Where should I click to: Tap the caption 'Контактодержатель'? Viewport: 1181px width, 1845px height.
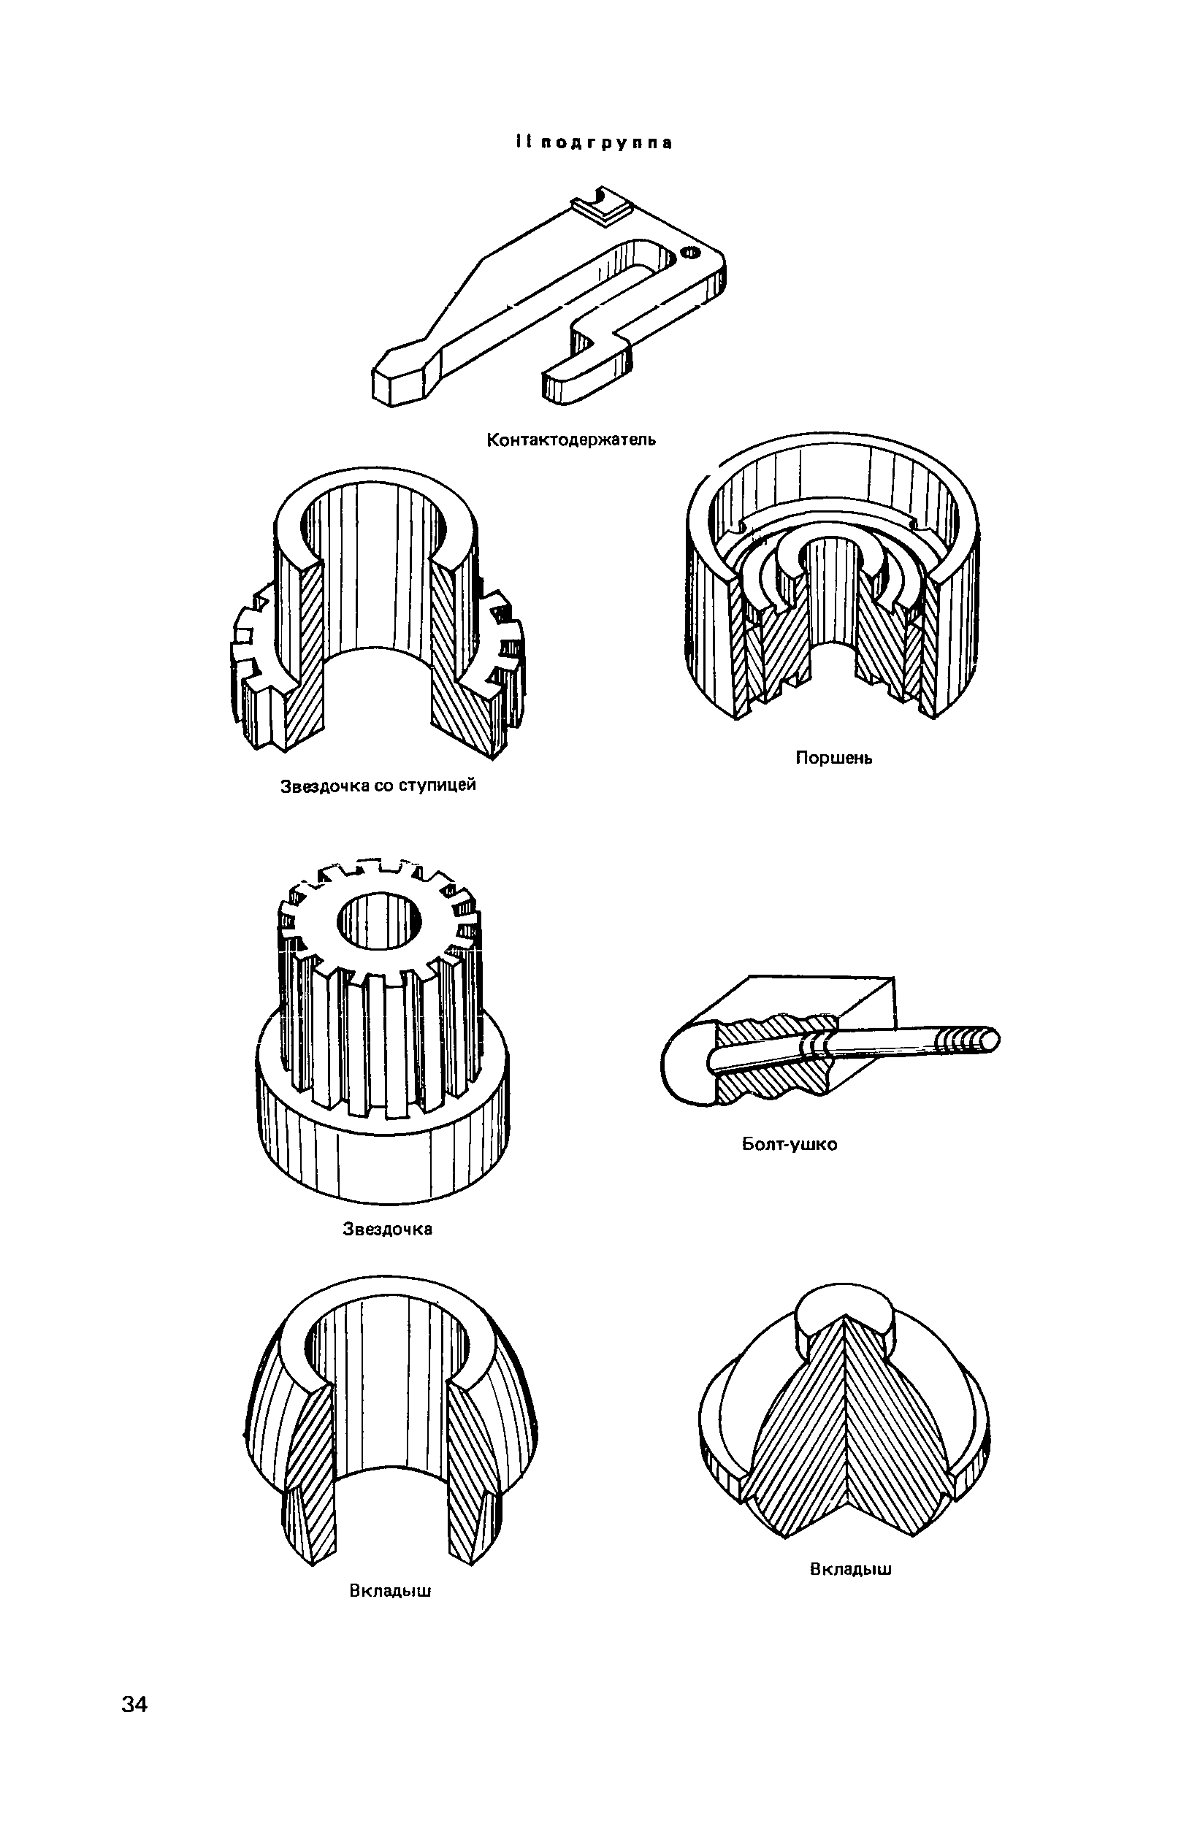[x=571, y=440]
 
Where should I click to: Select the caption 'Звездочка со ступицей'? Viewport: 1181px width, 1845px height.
[x=378, y=786]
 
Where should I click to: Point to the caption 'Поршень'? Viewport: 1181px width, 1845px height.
[x=833, y=758]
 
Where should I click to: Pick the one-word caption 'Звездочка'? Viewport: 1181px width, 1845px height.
[x=387, y=1230]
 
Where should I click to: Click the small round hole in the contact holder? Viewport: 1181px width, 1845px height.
[x=690, y=251]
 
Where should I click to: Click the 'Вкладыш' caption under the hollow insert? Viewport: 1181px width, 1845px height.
[x=390, y=1591]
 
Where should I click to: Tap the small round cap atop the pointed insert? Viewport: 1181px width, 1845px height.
[x=844, y=1316]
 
